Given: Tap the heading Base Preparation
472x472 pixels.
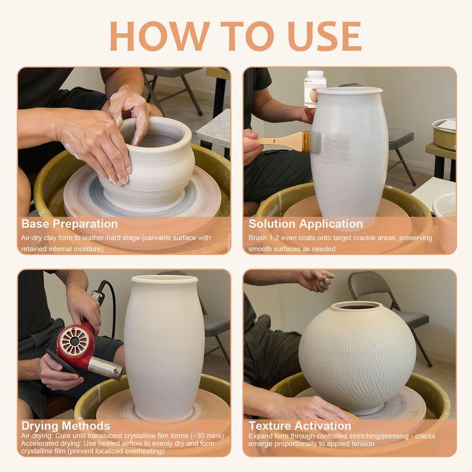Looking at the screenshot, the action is click(70, 224).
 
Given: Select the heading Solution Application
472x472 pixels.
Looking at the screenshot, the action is click(306, 224).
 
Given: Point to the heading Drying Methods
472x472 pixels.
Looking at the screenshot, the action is click(65, 426).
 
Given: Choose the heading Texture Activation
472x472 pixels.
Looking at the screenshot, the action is click(300, 426).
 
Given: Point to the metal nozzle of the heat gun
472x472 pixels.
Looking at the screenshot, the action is click(106, 367).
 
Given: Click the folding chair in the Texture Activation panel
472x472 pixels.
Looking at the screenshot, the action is click(391, 313).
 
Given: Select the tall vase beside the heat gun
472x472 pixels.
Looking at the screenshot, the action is click(165, 346).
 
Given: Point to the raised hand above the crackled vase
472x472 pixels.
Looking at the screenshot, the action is click(316, 280).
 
